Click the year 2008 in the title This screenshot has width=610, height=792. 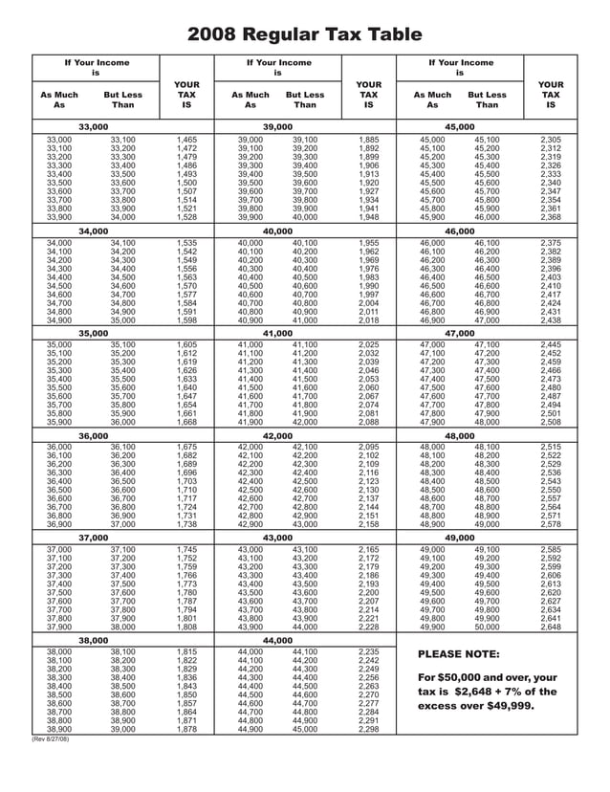click(x=212, y=35)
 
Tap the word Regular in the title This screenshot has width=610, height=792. click(x=286, y=35)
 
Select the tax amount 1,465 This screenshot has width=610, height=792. click(x=186, y=140)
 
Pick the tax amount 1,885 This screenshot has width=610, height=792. click(x=368, y=140)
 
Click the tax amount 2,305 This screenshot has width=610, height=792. click(x=551, y=140)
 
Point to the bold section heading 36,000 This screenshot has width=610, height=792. click(x=93, y=434)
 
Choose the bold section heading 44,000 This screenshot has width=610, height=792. click(x=277, y=640)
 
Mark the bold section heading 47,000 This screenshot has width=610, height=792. click(x=459, y=332)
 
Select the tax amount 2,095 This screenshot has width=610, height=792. click(x=368, y=447)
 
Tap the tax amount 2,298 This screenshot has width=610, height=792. click(x=368, y=729)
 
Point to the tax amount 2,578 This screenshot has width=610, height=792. click(x=551, y=524)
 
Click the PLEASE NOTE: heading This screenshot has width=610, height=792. click(x=459, y=654)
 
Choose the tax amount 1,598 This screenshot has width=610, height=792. click(x=186, y=320)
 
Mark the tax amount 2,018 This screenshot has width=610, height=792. click(x=368, y=320)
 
